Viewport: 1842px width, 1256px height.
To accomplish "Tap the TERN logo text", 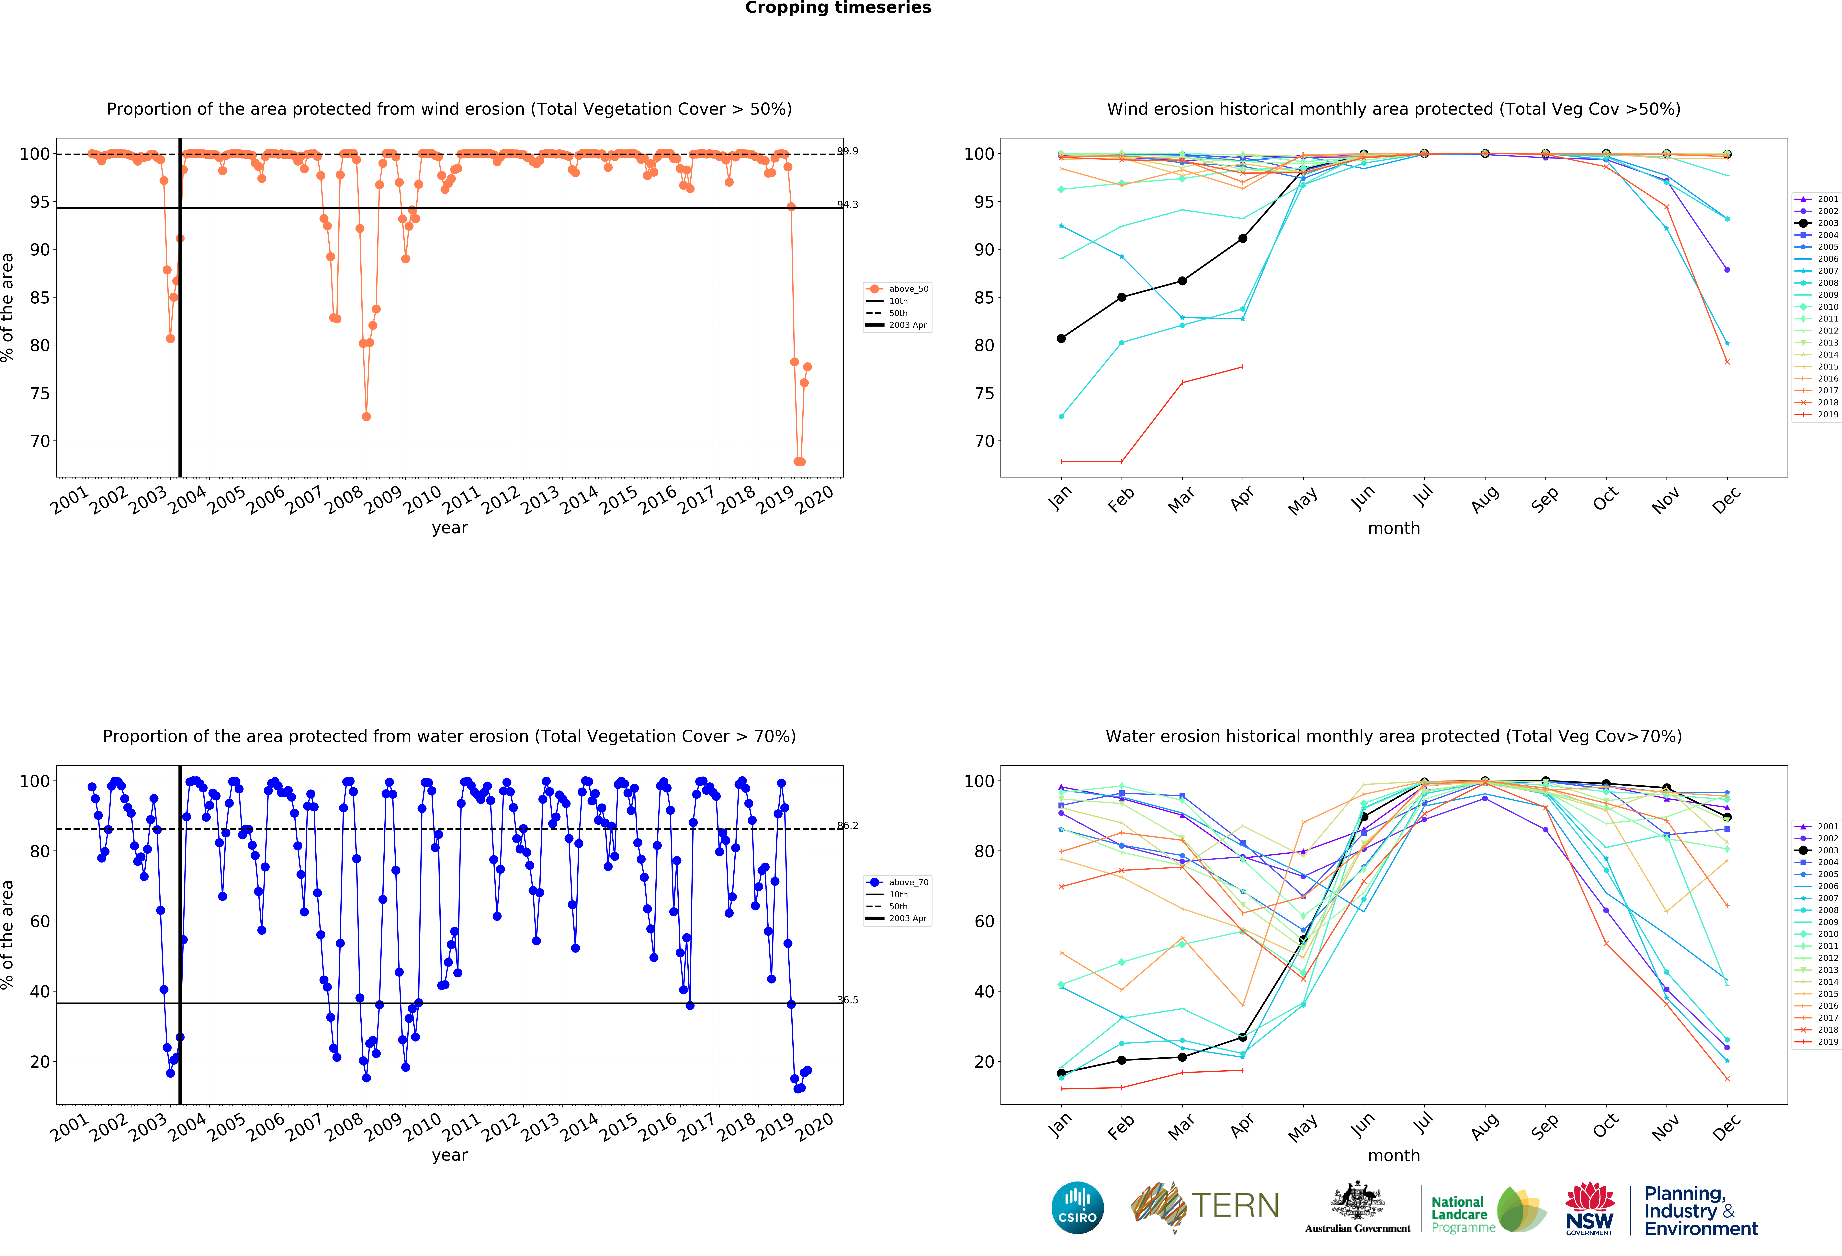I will click(x=1235, y=1206).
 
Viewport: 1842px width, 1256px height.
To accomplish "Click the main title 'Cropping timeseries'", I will click(x=838, y=8).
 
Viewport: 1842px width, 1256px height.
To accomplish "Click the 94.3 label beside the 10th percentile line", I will click(x=847, y=205).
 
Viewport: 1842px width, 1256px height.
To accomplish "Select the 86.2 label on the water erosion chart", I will click(x=847, y=826).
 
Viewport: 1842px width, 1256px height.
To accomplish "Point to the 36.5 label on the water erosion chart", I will click(x=847, y=1000).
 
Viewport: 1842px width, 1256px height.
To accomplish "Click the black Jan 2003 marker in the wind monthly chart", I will click(x=1061, y=339).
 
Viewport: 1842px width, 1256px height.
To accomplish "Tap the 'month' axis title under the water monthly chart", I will click(x=1393, y=1155).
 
